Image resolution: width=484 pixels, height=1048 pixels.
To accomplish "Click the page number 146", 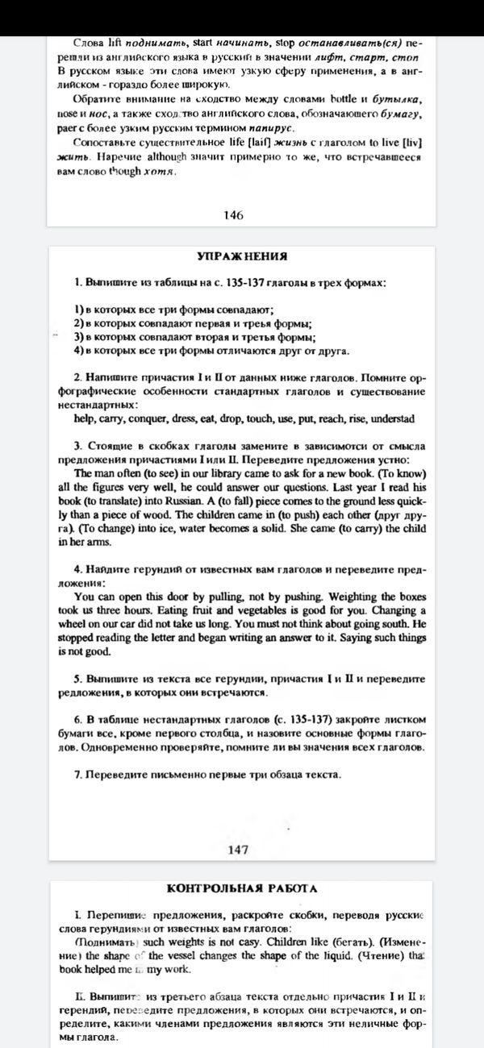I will pos(233,215).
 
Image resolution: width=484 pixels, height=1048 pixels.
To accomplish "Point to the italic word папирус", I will pos(270,127).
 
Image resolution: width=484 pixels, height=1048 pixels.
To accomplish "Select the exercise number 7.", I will pos(77,776).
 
